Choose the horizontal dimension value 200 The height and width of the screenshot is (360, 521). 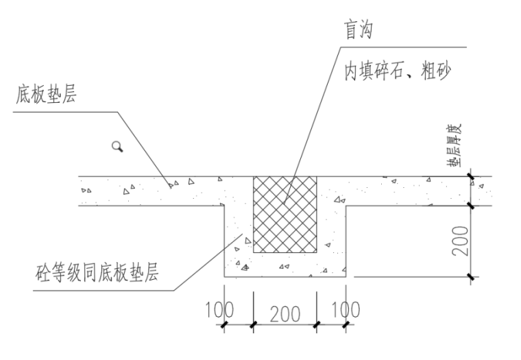pos(284,313)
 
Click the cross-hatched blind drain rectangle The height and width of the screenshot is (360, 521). pos(285,214)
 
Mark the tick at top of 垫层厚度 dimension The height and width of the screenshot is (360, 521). pos(471,176)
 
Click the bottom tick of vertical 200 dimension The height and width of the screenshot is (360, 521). pos(471,277)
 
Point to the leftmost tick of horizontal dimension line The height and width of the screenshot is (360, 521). pos(224,324)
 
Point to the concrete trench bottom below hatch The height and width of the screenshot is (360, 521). pos(285,265)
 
